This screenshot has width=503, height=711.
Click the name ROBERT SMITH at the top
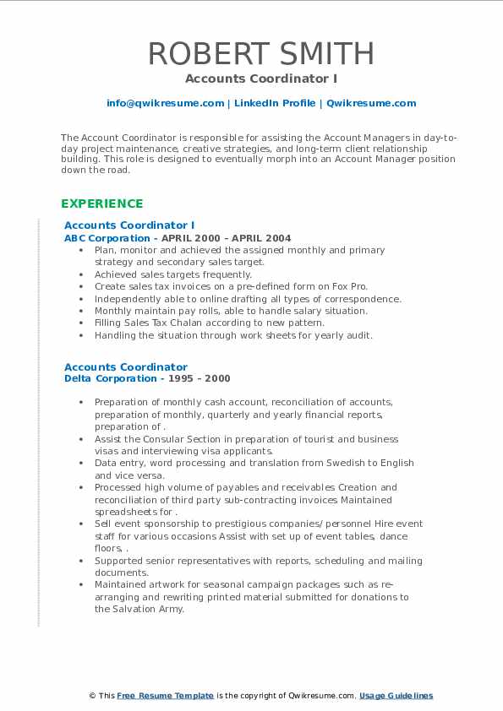coord(260,54)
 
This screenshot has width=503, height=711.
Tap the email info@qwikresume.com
coord(165,103)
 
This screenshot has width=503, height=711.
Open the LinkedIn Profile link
coord(274,103)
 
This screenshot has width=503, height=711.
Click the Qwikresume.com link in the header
coord(371,103)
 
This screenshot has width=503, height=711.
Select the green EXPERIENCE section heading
coord(101,204)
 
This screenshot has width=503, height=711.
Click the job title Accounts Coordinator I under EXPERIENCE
coord(129,225)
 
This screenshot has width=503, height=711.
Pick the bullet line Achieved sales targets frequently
coord(173,274)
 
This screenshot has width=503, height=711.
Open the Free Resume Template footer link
coord(165,696)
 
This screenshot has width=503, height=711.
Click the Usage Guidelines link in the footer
coord(396,696)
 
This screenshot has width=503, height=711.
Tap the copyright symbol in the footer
coord(94,696)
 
